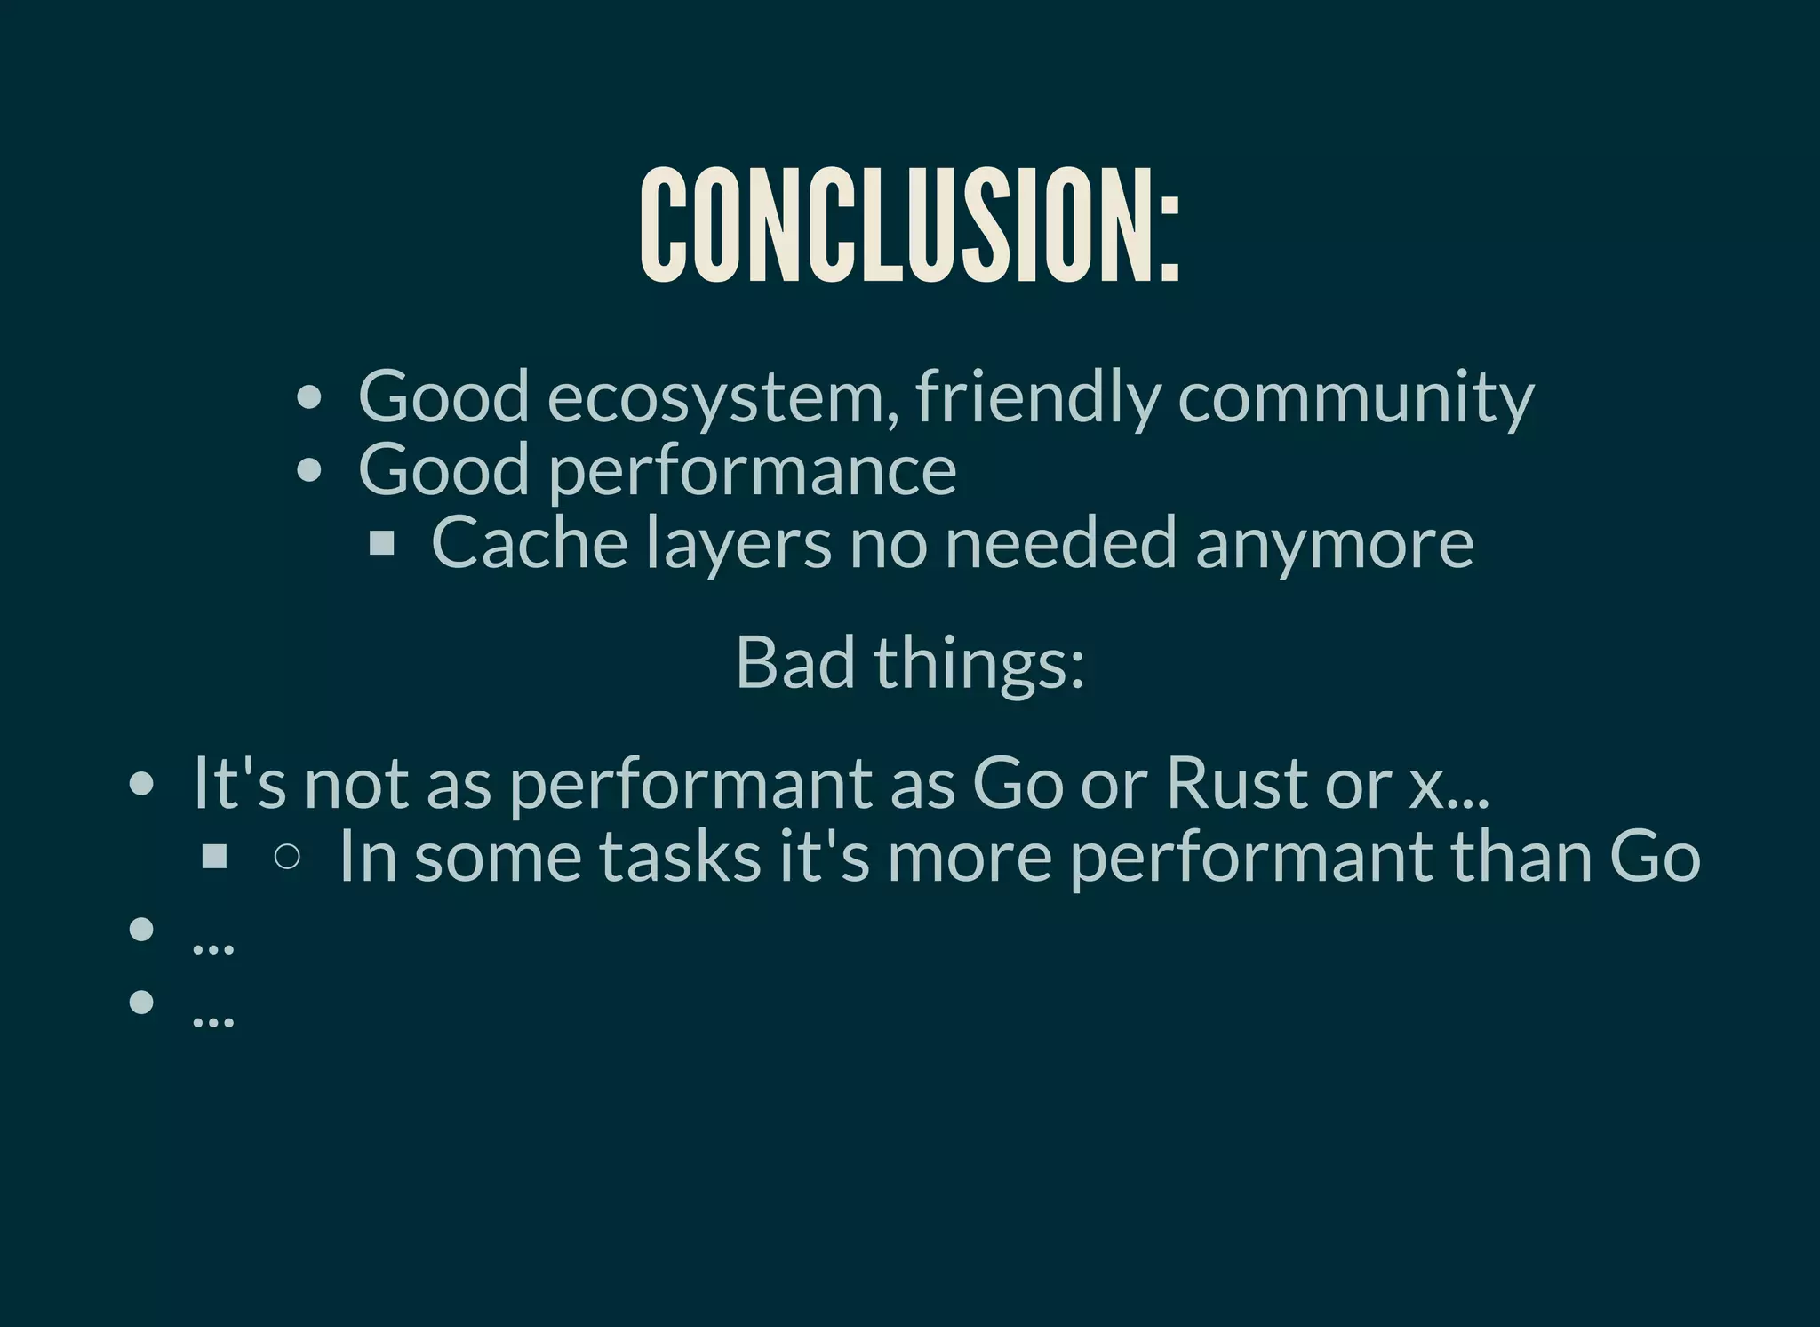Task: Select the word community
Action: coord(1355,397)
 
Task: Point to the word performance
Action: coord(752,471)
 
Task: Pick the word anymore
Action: coord(1334,544)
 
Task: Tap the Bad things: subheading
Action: coord(910,662)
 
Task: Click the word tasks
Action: coord(680,856)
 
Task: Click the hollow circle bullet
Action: coord(287,856)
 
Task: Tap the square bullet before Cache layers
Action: coord(381,542)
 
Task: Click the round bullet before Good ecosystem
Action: coord(308,397)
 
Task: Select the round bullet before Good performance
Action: coord(308,470)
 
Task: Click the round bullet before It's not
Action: coord(141,784)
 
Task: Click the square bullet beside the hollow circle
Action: coord(214,856)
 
